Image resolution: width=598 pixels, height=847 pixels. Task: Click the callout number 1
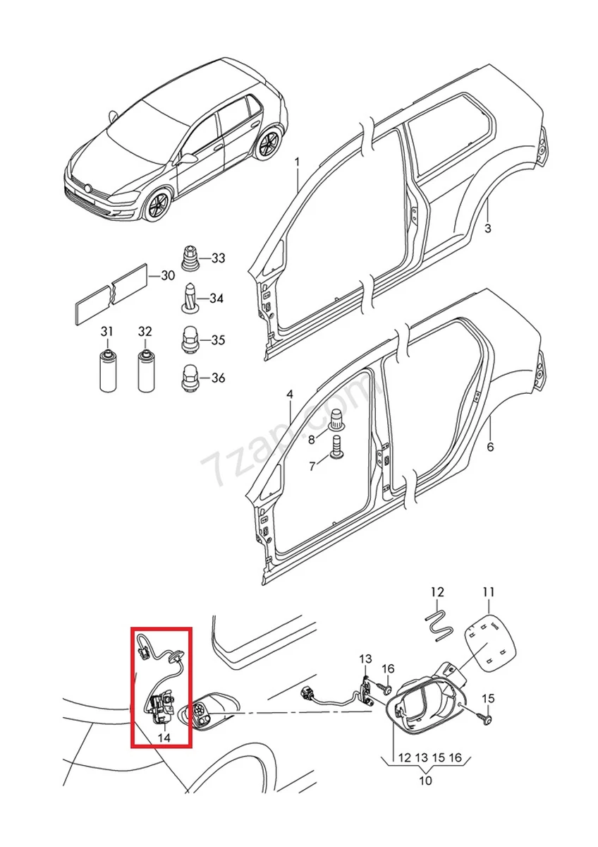tap(297, 162)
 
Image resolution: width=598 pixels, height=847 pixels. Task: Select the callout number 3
tap(487, 228)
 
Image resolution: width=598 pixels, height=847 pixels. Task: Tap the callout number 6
tap(490, 447)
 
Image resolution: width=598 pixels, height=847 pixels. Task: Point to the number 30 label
tap(167, 275)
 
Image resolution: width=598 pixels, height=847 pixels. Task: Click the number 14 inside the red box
tap(164, 738)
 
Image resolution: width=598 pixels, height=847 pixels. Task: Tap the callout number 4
tap(289, 394)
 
